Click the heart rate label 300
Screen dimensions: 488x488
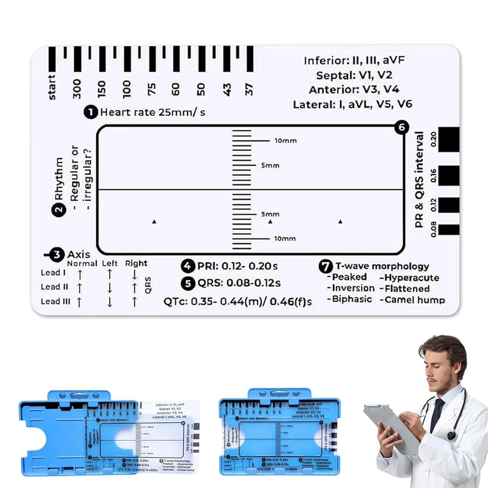pyautogui.click(x=77, y=88)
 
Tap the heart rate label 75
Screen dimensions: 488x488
pyautogui.click(x=152, y=89)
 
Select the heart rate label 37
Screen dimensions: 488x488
pyautogui.click(x=249, y=89)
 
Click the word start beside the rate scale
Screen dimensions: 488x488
pyautogui.click(x=51, y=87)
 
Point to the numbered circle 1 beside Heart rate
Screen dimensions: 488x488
pyautogui.click(x=90, y=112)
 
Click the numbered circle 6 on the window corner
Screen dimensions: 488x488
pyautogui.click(x=402, y=127)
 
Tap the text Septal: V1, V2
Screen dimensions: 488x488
pyautogui.click(x=354, y=75)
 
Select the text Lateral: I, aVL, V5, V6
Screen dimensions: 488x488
pyautogui.click(x=353, y=104)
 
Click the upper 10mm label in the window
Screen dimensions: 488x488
pyautogui.click(x=286, y=141)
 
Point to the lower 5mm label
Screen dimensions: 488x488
pyautogui.click(x=270, y=214)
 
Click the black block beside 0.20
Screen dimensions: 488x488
pyautogui.click(x=449, y=140)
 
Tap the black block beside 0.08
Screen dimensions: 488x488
pyautogui.click(x=449, y=230)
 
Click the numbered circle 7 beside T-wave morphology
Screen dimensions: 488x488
pyautogui.click(x=325, y=266)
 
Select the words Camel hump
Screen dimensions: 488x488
pyautogui.click(x=414, y=300)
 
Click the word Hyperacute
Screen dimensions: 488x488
pyautogui.click(x=412, y=278)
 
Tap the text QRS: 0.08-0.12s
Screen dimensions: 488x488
pyautogui.click(x=239, y=283)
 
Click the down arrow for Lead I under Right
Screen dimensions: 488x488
pyautogui.click(x=135, y=275)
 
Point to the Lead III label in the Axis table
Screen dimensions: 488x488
pyautogui.click(x=55, y=302)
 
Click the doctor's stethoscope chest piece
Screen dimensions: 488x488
pyautogui.click(x=451, y=435)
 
